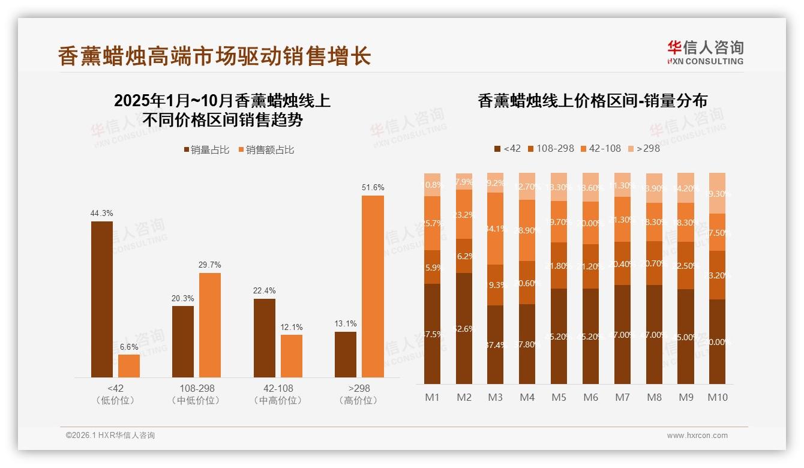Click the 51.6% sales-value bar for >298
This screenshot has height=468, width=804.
tap(373, 286)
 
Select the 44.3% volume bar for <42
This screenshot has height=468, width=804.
tap(102, 299)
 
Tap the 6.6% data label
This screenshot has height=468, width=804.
tap(129, 347)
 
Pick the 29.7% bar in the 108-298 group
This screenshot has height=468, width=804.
tap(210, 325)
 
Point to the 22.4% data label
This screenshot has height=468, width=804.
tap(265, 291)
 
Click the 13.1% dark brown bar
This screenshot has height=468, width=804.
tap(346, 354)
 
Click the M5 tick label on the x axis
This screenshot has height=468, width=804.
tap(559, 397)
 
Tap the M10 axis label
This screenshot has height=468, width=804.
tap(717, 397)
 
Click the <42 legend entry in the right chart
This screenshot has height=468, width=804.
tap(507, 148)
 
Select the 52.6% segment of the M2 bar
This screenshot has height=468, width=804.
tap(464, 328)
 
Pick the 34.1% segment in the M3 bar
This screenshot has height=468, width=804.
tap(496, 229)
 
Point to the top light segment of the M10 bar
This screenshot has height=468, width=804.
tap(717, 193)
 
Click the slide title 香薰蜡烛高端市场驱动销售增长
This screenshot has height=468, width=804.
tap(214, 56)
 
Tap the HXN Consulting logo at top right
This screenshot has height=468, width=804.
tap(705, 52)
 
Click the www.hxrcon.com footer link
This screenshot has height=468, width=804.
tap(697, 436)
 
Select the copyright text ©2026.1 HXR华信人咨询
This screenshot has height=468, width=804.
tap(110, 436)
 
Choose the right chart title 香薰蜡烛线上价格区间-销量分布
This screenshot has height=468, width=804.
tap(592, 101)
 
